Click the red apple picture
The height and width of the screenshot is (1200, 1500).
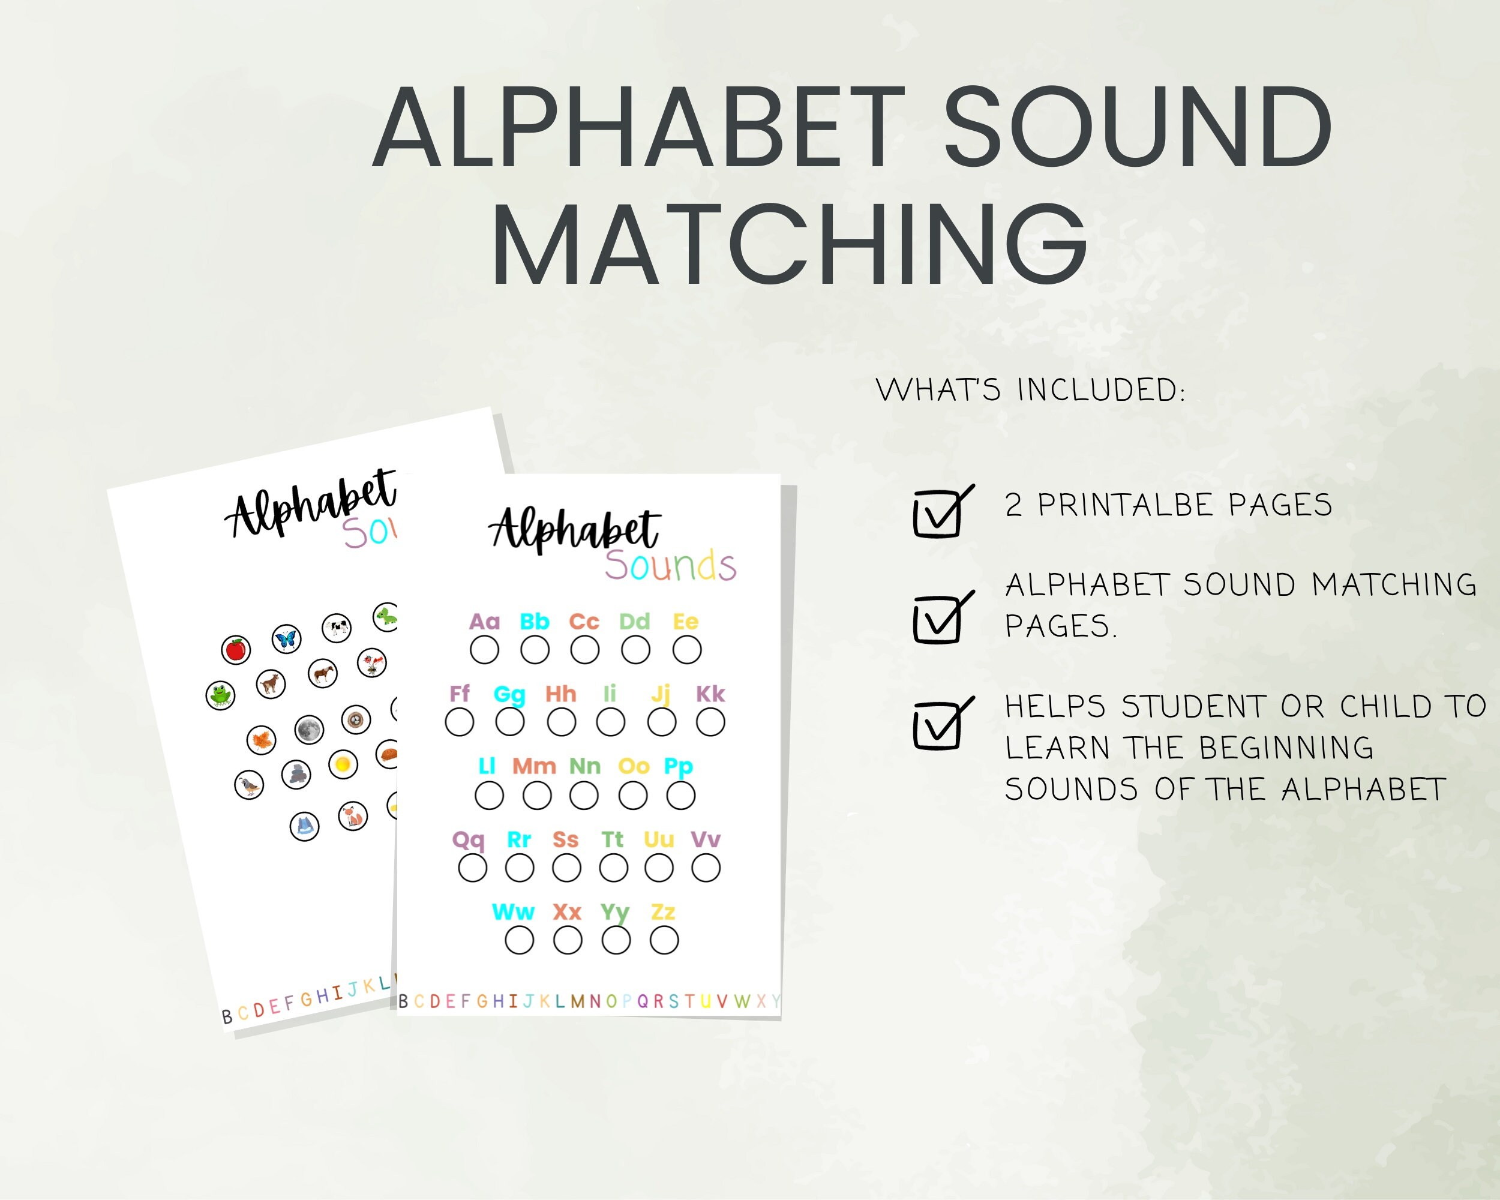[x=236, y=650]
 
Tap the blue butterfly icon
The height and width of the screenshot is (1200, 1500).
[x=286, y=638]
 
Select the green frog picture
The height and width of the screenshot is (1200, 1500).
[x=221, y=694]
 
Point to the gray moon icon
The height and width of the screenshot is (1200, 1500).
[x=309, y=730]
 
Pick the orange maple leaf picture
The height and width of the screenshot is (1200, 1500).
[x=262, y=740]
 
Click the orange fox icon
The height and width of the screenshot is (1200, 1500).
[x=353, y=816]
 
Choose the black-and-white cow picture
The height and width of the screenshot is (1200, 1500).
[x=337, y=628]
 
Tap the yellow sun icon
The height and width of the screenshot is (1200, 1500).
[x=343, y=764]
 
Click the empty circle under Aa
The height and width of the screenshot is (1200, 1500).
[x=484, y=650]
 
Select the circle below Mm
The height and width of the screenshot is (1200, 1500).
[x=536, y=796]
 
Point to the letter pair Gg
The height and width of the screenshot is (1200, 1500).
[x=509, y=694]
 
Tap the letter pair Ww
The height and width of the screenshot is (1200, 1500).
[x=513, y=912]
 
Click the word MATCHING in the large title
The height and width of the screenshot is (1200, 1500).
[x=790, y=244]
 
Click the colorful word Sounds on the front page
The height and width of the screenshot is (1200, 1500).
[x=670, y=566]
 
